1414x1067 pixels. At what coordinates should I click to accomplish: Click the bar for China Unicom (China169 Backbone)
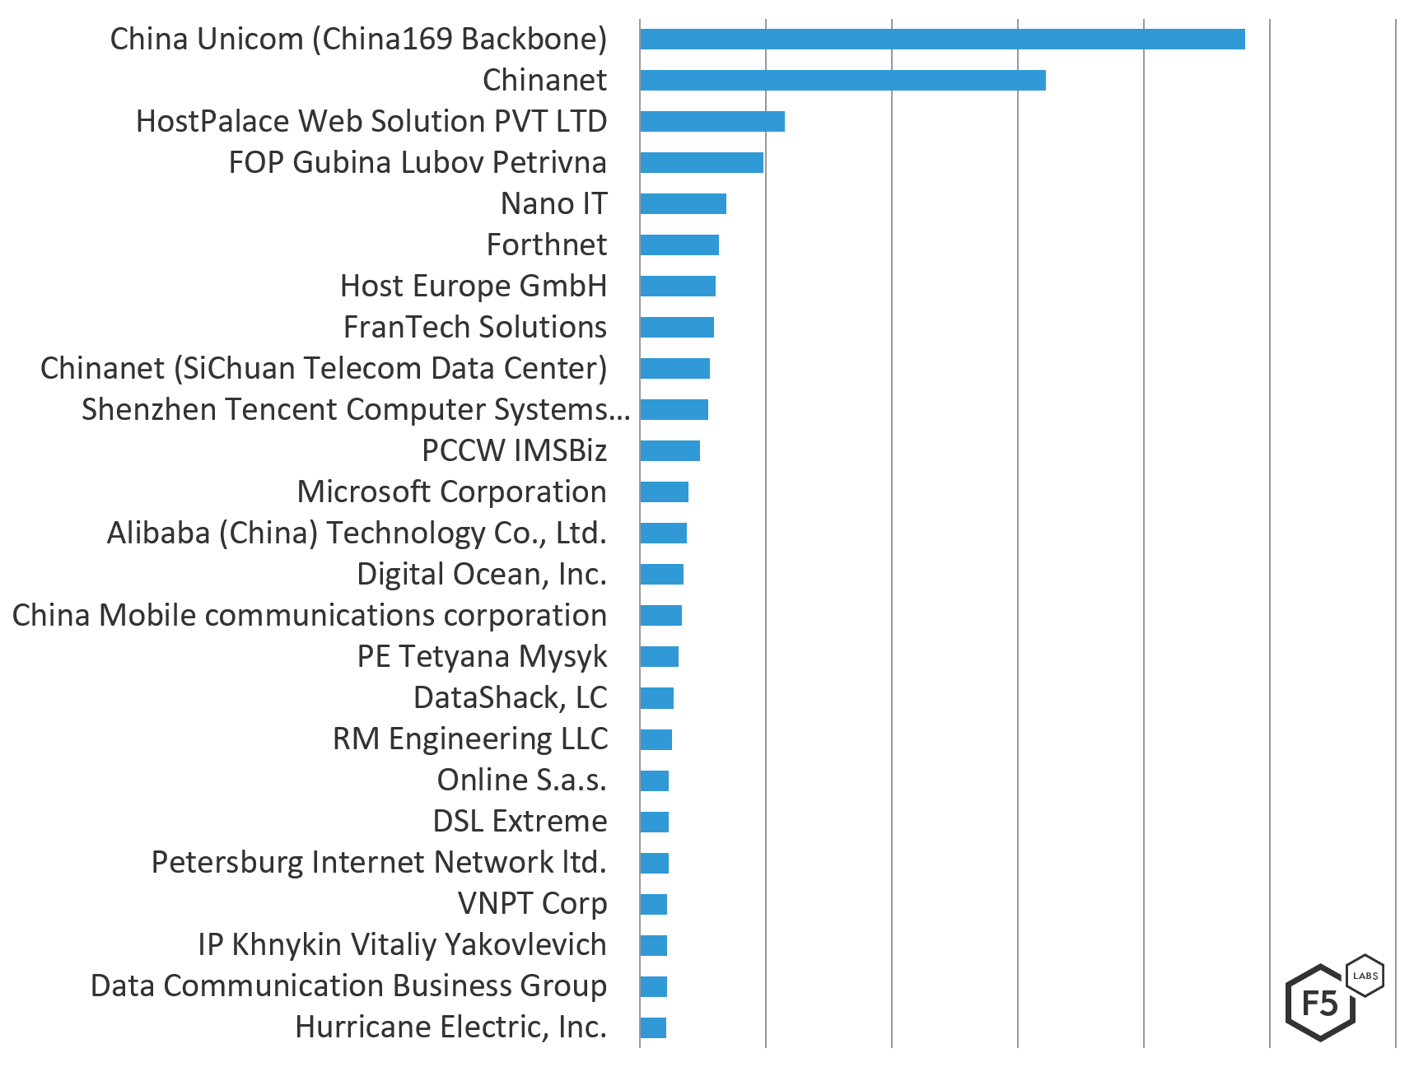pos(941,39)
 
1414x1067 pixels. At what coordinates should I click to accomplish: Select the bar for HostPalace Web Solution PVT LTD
pos(712,121)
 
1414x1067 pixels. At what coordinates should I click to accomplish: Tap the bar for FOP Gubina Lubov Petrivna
pos(701,162)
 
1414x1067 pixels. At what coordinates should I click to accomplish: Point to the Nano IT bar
pos(683,203)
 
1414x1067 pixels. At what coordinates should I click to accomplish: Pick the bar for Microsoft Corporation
pos(664,492)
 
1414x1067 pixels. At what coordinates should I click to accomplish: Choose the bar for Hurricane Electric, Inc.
pos(653,1027)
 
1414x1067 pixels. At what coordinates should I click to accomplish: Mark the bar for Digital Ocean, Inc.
pos(661,574)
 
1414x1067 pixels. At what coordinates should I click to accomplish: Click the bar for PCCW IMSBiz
pos(670,450)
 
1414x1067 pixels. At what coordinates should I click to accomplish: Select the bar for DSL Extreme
pos(654,822)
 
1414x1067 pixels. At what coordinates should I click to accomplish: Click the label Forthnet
pos(546,245)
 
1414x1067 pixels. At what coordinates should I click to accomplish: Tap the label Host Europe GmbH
pos(473,286)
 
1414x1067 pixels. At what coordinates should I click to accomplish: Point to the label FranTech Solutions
pos(474,327)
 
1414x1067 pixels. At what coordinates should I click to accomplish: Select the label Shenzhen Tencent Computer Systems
pos(355,409)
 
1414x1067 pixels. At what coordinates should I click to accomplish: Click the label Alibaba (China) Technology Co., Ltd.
pos(357,533)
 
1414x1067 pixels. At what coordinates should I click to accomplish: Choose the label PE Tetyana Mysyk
pos(482,656)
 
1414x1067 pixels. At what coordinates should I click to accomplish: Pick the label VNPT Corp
pos(532,903)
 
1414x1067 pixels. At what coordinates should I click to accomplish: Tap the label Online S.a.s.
pos(521,780)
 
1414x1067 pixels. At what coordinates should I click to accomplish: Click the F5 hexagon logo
pos(1320,1003)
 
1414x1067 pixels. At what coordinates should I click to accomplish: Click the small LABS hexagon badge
pos(1365,976)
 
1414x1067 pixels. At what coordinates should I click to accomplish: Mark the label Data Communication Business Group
pos(348,985)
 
